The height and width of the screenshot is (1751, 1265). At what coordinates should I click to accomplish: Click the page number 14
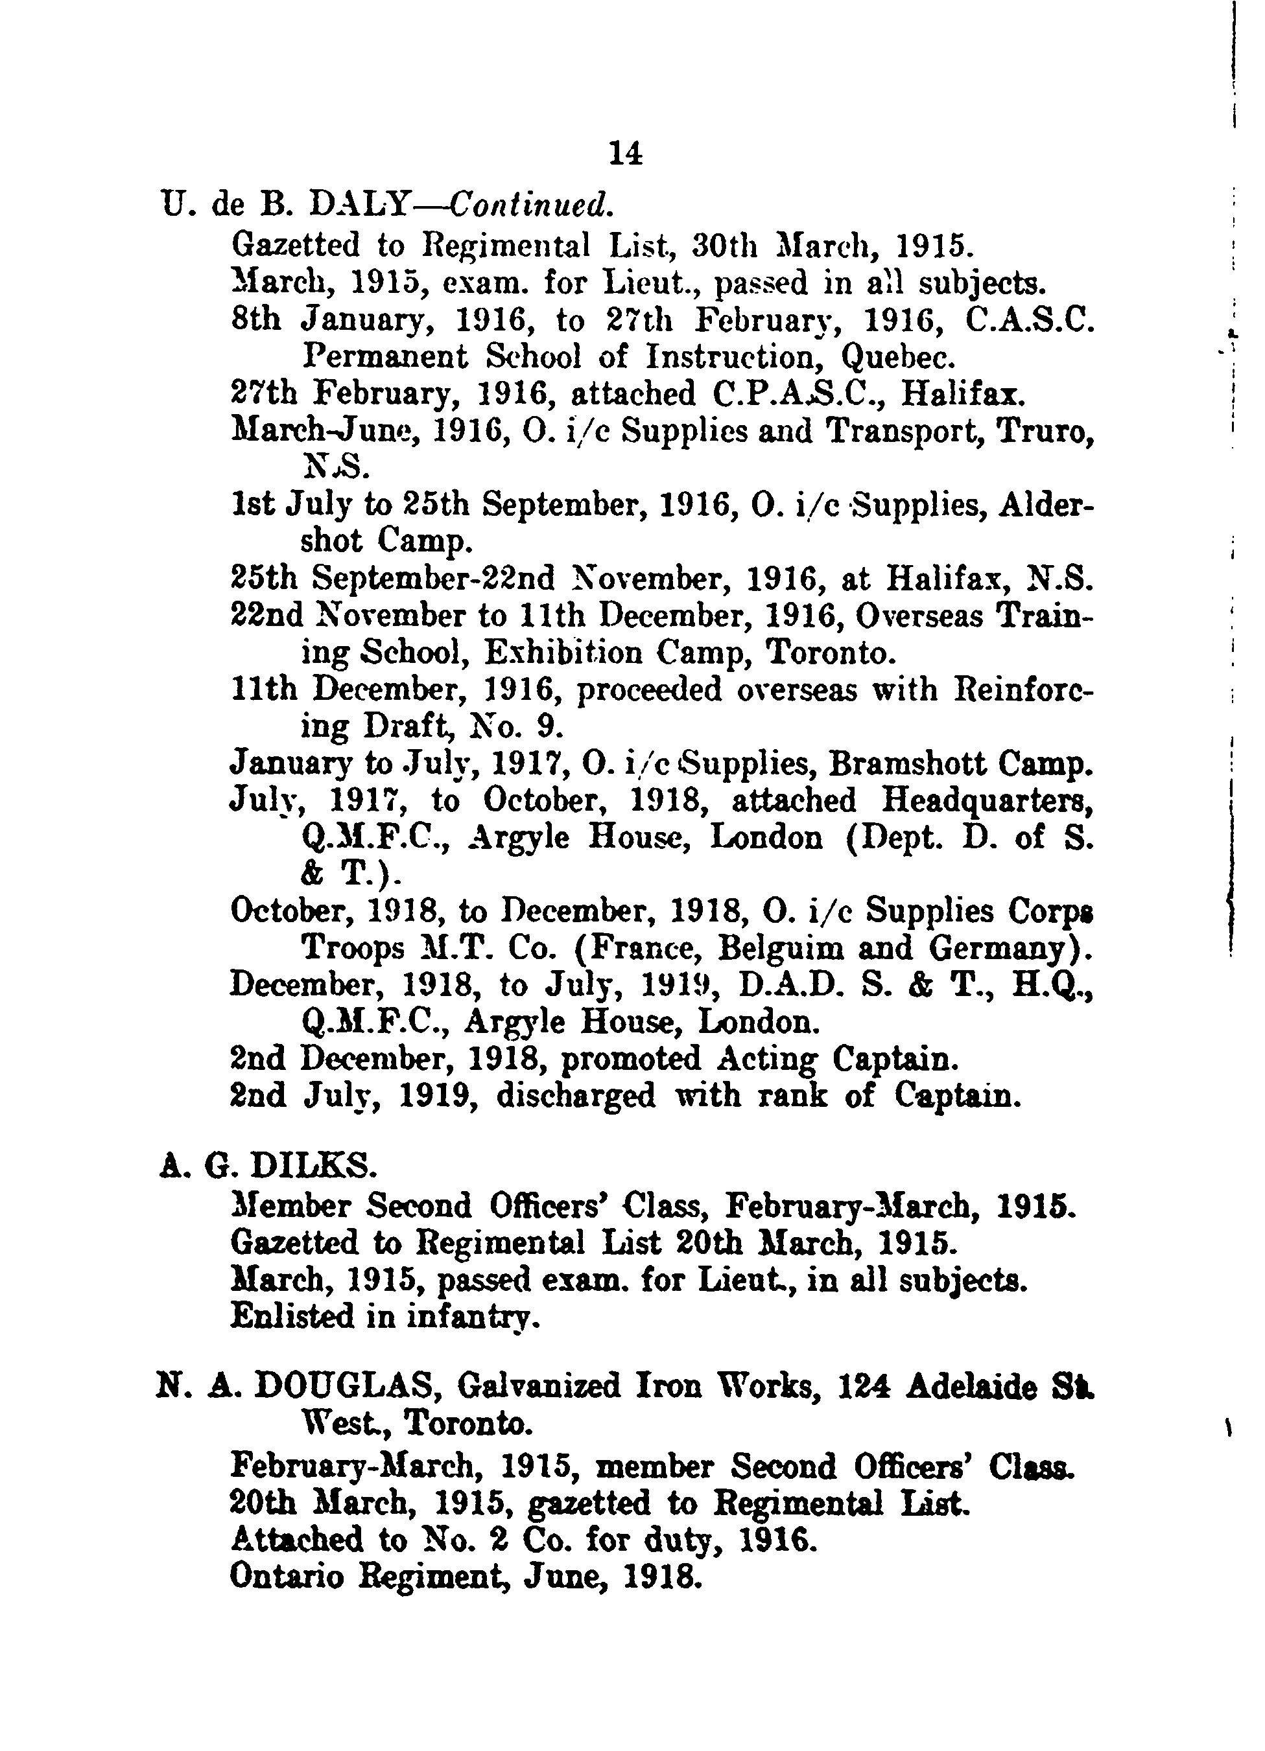pos(626,154)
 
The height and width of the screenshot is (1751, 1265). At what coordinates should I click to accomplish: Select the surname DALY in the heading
pos(361,205)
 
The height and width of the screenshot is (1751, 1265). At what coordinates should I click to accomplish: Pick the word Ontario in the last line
pos(287,1574)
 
